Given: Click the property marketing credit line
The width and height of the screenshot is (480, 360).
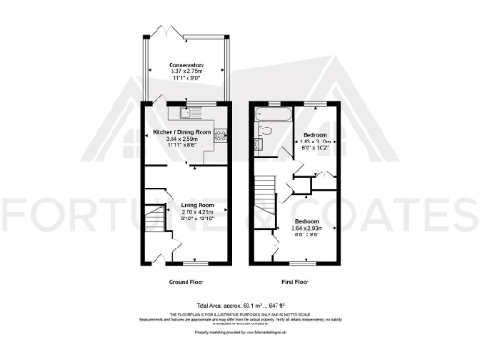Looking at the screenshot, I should coord(239,332).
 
